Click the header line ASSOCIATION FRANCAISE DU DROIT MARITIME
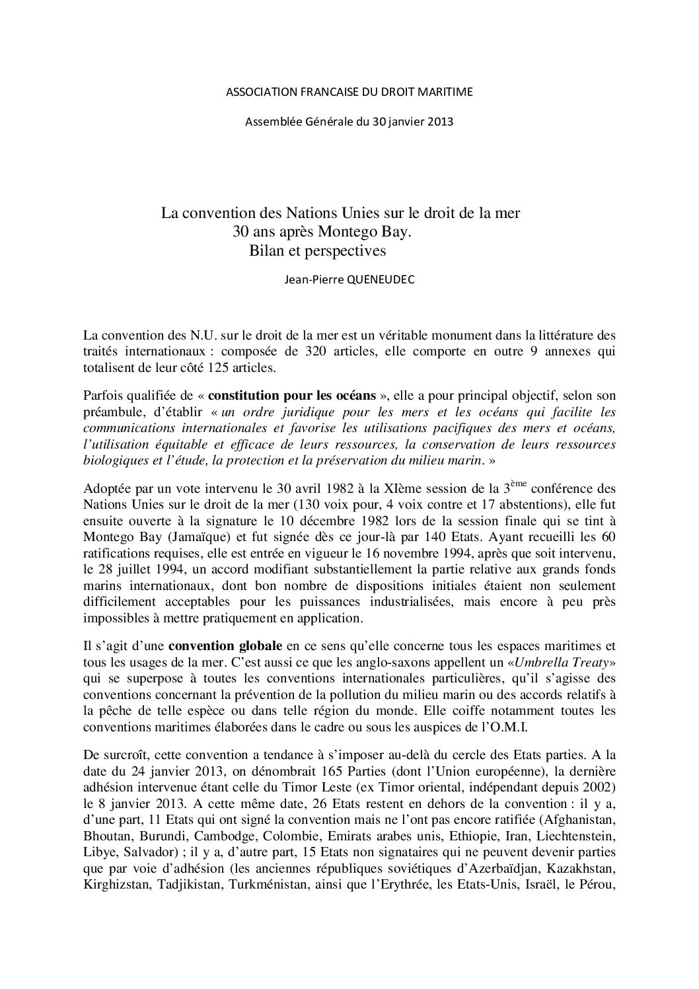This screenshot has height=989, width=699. tap(349, 92)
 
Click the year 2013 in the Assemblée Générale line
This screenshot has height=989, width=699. tap(439, 121)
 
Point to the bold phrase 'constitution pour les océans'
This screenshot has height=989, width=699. tap(292, 396)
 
